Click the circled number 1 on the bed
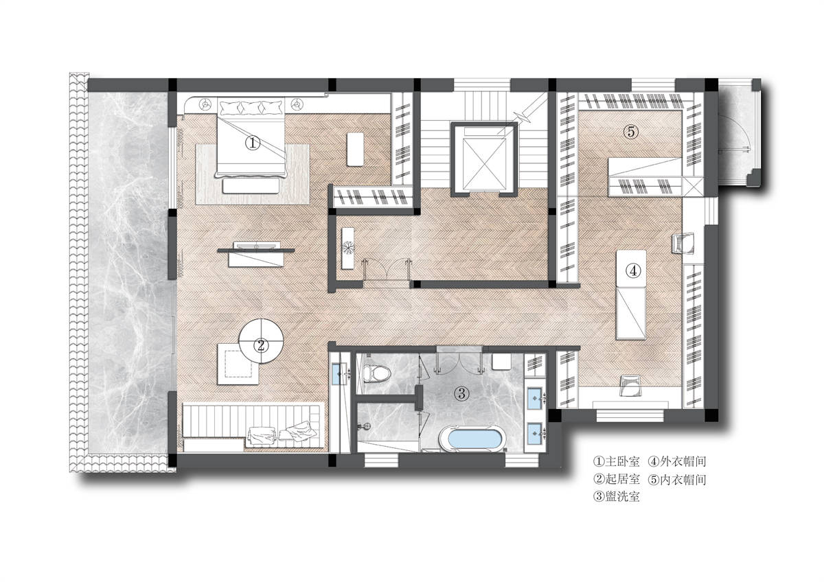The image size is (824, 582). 253,143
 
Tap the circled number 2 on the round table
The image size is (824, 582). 261,345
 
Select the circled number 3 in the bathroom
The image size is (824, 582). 461,394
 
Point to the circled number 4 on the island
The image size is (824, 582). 633,271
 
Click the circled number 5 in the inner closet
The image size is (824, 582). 631,132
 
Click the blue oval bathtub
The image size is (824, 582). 472,439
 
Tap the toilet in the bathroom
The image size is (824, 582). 376,373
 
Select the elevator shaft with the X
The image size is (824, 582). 484,159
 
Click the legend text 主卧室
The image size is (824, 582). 622,461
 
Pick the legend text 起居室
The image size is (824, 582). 622,479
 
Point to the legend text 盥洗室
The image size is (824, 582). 622,497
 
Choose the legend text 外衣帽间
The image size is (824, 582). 683,461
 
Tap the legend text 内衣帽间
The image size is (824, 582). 683,479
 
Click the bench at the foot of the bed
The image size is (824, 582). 250,186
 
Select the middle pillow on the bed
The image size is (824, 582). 251,108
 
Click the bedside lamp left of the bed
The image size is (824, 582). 205,105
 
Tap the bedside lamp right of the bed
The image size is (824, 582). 297,105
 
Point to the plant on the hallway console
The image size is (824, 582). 347,247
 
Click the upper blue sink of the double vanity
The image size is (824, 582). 535,398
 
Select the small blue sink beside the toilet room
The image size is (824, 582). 339,374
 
